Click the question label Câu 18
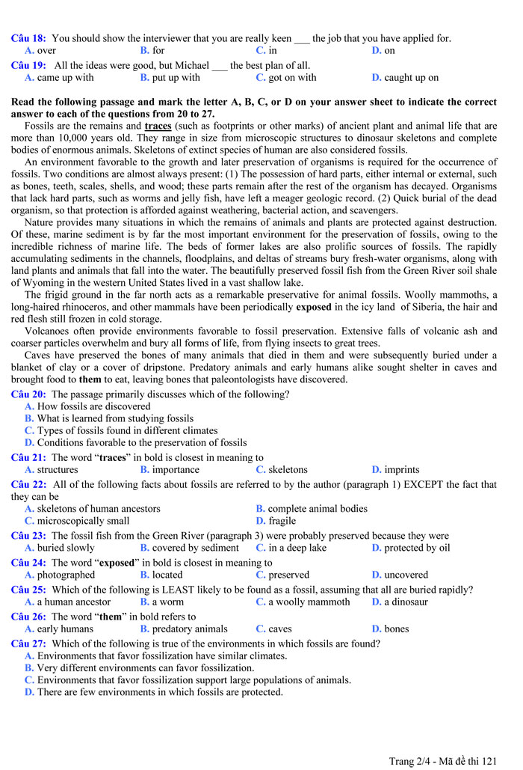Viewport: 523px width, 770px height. point(28,38)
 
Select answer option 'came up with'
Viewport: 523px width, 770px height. point(65,77)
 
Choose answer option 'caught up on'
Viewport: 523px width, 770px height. point(411,77)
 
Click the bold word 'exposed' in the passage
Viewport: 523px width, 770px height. point(315,307)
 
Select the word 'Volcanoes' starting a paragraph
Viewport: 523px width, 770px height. point(48,331)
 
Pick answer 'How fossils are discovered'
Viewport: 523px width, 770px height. point(93,406)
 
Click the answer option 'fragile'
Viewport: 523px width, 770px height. point(282,520)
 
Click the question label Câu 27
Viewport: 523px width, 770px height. point(28,644)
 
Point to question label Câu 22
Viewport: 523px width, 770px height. point(28,485)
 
